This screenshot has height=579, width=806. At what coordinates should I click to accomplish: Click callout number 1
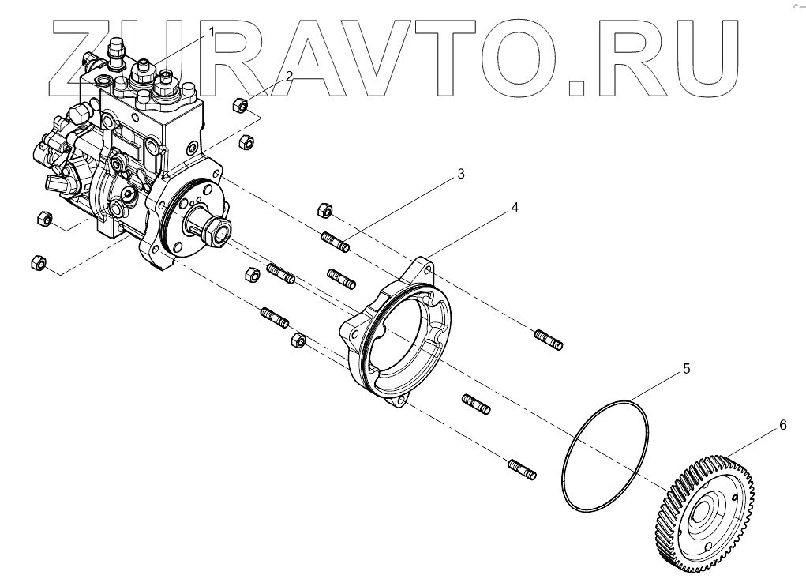pyautogui.click(x=212, y=32)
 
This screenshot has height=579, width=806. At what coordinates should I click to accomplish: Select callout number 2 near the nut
pyautogui.click(x=290, y=76)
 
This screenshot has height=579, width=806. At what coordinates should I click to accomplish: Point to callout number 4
pyautogui.click(x=514, y=208)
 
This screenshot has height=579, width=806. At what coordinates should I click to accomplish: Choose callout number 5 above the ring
pyautogui.click(x=686, y=369)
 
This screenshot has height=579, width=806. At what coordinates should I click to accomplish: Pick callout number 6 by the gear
pyautogui.click(x=782, y=425)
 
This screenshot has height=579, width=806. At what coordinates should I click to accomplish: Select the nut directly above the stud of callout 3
pyautogui.click(x=324, y=210)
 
